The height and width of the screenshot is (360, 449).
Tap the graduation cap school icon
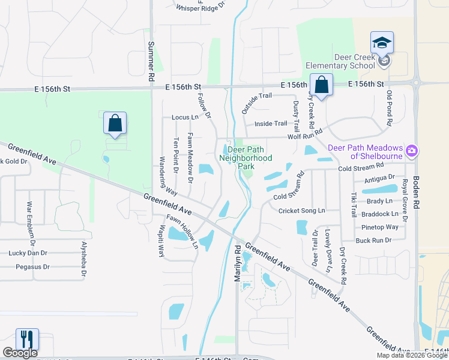382,43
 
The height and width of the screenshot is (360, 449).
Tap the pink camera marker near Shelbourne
412,149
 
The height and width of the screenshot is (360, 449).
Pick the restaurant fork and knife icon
27,340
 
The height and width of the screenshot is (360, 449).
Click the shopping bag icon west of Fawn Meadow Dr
115,124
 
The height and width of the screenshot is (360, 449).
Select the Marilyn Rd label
237,263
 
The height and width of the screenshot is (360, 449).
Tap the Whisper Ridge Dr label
200,6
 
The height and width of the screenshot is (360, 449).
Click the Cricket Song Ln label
301,211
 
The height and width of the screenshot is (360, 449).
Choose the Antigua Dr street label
379,177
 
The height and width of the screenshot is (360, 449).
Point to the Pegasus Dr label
32,266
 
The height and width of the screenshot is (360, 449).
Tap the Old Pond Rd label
389,109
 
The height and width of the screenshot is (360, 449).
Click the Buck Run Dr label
373,240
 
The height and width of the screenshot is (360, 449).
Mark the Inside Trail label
271,124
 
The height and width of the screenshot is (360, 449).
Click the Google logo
20,353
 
